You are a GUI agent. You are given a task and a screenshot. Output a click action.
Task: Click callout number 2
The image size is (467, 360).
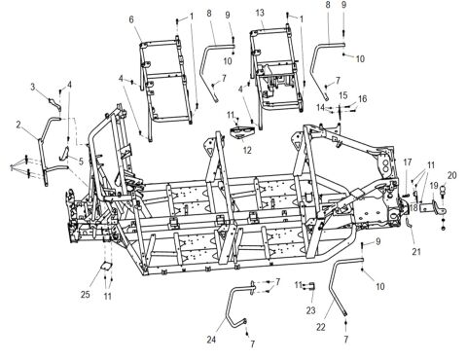(x=18, y=124)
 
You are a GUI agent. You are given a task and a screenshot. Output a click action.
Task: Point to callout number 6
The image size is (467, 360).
(x=131, y=18)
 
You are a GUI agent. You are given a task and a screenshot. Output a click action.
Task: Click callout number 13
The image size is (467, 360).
(x=260, y=12)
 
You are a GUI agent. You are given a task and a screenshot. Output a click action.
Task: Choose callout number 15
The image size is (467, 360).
(x=342, y=94)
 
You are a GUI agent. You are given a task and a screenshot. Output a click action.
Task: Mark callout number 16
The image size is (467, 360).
(x=363, y=99)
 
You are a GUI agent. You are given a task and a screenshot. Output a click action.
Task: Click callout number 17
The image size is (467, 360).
(x=407, y=162)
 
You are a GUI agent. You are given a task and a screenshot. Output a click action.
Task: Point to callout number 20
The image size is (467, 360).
(x=451, y=175)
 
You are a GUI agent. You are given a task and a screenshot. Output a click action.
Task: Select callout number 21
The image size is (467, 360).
(x=416, y=252)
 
